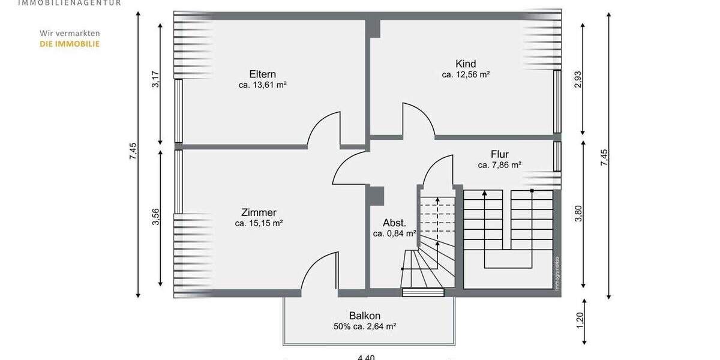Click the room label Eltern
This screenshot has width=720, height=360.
pos(262,74)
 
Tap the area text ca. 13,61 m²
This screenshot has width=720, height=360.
pos(262,85)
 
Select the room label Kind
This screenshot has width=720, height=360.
pos(466,64)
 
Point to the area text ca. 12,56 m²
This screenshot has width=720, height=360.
pos(466,74)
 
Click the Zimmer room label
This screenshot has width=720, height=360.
pos(259,212)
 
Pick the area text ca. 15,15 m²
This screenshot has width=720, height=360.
pos(259,223)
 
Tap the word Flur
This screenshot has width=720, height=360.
pos(499,154)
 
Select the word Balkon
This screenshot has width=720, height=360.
pos(365,316)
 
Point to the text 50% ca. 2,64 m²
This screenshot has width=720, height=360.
pos(365,326)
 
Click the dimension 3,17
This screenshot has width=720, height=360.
pos(155,80)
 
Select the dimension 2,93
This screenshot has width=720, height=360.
pos(578,80)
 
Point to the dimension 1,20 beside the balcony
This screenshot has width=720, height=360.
pos(579,321)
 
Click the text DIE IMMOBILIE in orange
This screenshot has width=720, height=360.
pos(70,44)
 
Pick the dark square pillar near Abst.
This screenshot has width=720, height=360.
pos(377,195)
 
